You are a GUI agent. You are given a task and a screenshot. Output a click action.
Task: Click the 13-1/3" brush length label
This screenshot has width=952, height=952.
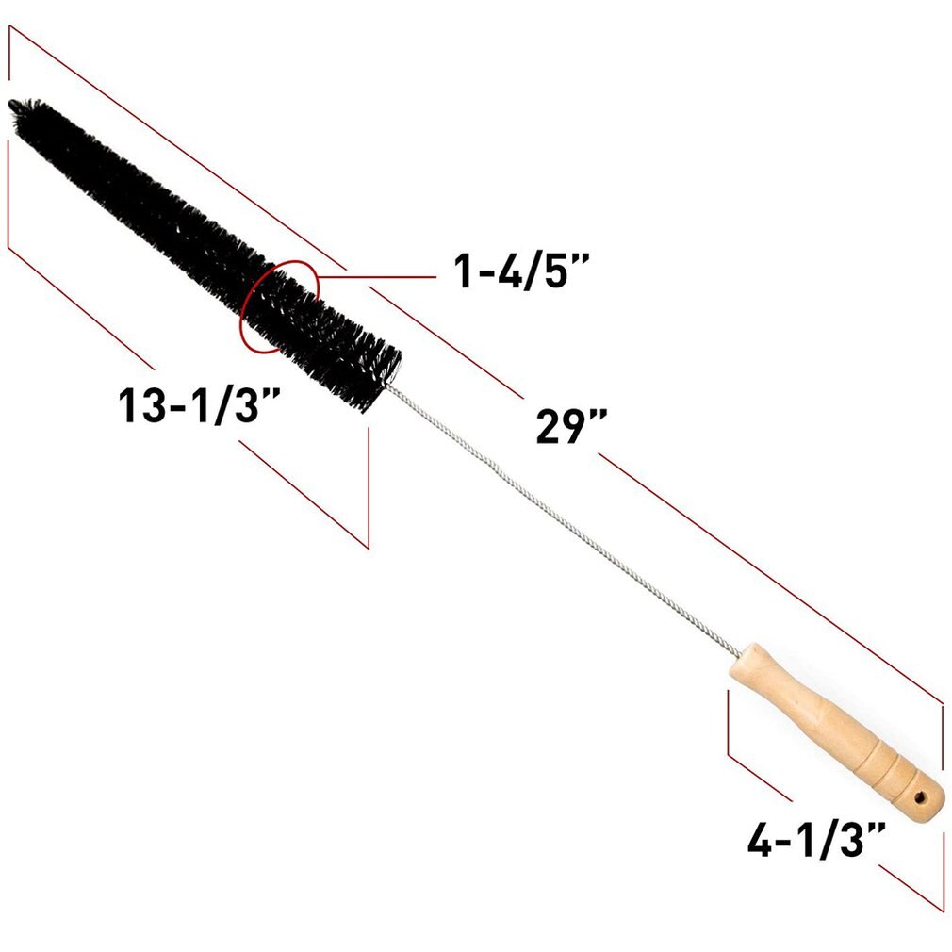199,406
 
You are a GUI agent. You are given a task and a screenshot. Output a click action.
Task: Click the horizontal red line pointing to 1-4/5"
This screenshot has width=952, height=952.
377,275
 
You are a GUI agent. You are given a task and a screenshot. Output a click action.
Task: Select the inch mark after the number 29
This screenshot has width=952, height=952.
595,419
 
